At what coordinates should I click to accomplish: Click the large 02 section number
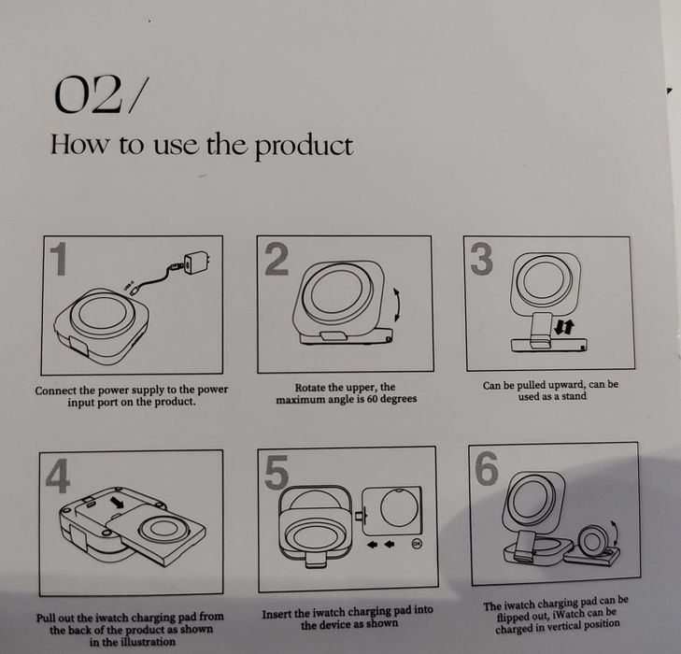87,94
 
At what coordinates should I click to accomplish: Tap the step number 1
59,259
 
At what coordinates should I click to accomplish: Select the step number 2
277,259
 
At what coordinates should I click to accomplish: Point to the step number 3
482,259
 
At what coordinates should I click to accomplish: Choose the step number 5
277,472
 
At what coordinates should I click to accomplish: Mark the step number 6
487,467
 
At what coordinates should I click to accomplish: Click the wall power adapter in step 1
196,263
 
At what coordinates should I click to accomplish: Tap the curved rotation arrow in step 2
397,305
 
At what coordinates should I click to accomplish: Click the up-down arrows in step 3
564,328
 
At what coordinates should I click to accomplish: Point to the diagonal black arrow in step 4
117,503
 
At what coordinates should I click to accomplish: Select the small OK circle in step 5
417,543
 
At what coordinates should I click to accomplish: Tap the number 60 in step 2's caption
372,399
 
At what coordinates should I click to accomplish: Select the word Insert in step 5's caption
277,614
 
